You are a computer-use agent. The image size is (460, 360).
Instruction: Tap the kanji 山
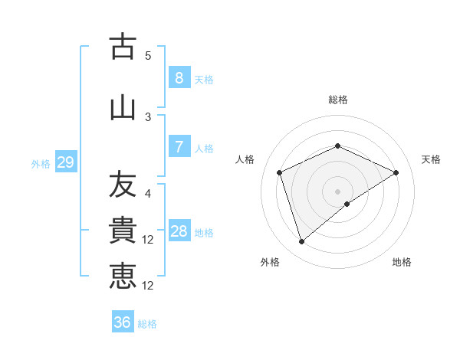(123, 107)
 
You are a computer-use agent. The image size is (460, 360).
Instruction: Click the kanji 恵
(123, 276)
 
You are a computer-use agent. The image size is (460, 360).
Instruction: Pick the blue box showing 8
(179, 78)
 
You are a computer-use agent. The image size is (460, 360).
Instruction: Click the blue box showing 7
(179, 147)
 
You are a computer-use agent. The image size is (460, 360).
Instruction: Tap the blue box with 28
(179, 231)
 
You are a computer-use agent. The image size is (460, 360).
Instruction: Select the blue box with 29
(65, 162)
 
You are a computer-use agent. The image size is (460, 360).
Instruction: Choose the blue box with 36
(122, 322)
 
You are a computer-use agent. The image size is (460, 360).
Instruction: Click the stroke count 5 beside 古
(148, 55)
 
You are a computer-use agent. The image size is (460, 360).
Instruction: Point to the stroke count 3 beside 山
(148, 116)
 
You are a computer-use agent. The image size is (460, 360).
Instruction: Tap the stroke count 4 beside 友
(148, 195)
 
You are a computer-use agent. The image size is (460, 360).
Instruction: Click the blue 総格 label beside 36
(147, 324)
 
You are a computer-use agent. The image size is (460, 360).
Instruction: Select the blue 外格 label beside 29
(41, 163)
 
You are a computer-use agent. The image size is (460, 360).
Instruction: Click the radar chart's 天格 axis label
(431, 159)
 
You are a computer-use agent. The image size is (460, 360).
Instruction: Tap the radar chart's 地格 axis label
(402, 262)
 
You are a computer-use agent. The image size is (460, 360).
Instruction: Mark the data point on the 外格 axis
(301, 242)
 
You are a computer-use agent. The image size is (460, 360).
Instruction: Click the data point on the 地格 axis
(347, 204)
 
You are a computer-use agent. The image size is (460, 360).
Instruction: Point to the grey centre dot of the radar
(337, 191)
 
